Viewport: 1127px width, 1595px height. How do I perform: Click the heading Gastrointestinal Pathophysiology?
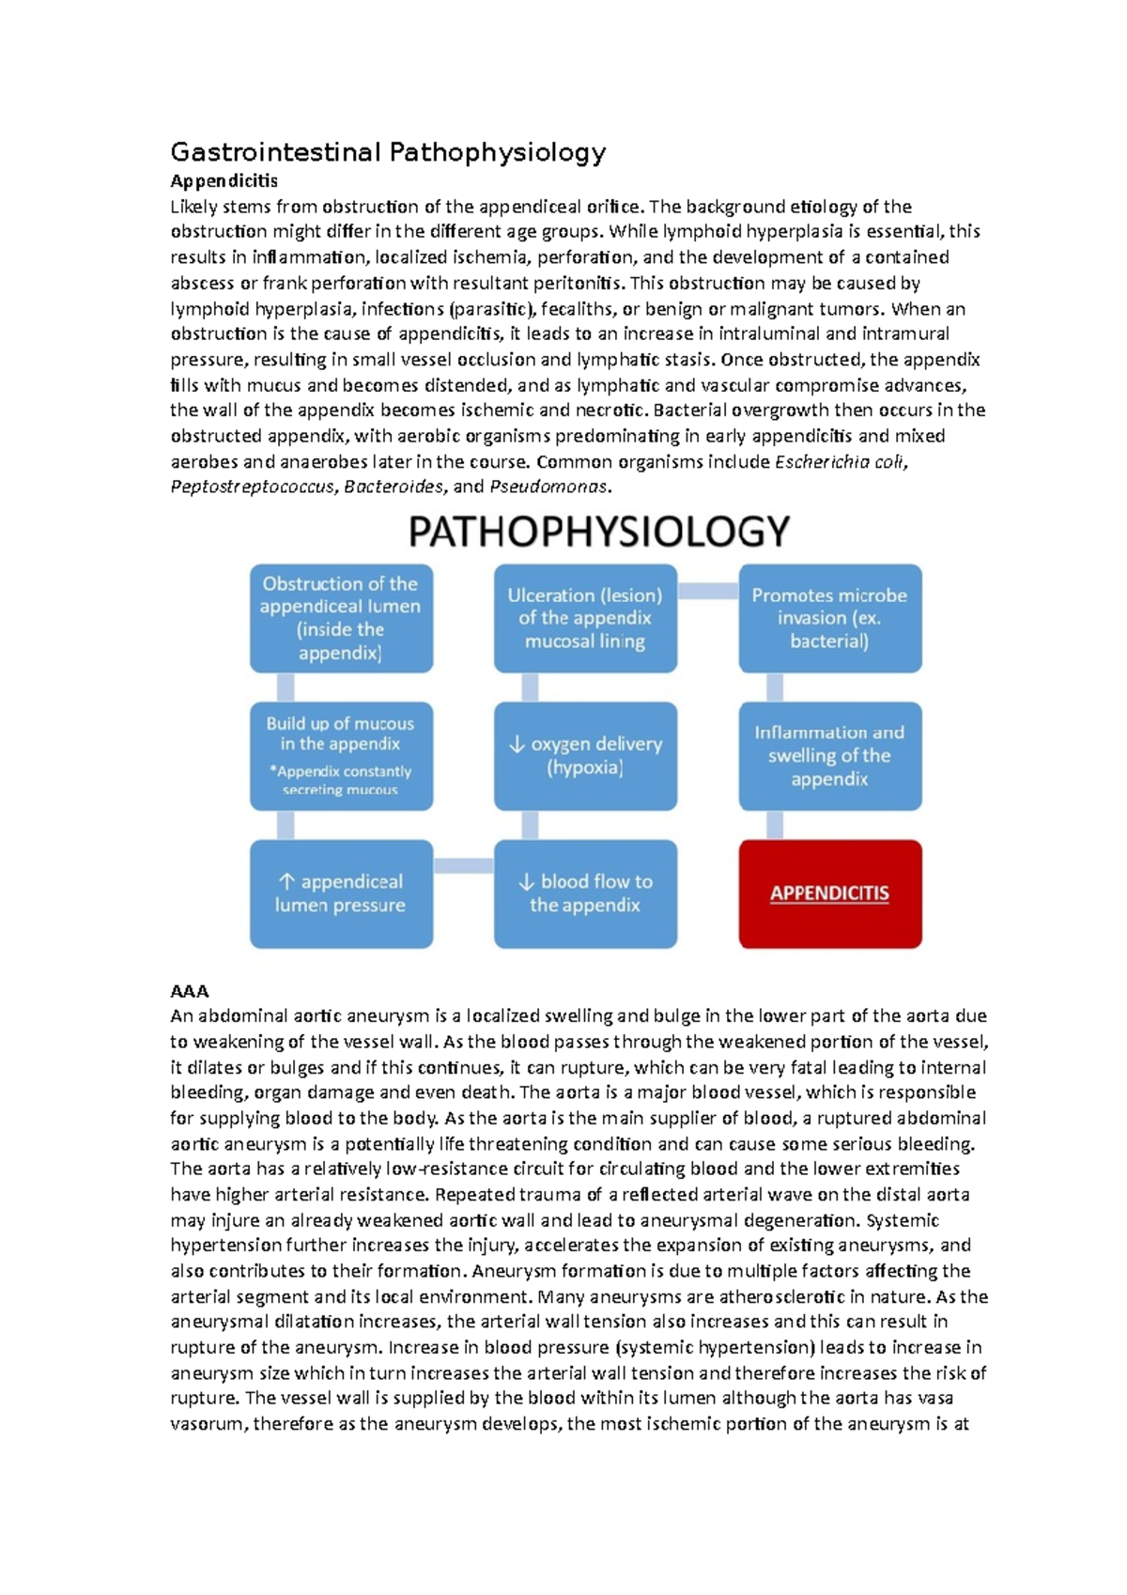[387, 152]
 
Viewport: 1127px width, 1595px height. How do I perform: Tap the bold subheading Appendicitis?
[224, 180]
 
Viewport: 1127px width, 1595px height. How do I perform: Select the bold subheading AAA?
[189, 991]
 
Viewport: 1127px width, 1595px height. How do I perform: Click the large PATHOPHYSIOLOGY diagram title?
[598, 532]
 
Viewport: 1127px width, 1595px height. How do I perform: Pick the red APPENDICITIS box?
[829, 893]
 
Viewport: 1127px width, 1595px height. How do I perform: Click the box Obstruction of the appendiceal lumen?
[341, 618]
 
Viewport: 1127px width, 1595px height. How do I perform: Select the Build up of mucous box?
[341, 755]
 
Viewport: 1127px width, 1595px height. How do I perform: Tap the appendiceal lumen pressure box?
[341, 893]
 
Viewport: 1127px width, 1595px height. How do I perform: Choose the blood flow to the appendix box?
[585, 893]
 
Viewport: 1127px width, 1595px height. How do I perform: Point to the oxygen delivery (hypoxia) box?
[585, 755]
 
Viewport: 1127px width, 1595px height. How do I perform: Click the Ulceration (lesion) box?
[585, 618]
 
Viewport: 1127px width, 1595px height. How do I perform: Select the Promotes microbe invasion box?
[829, 618]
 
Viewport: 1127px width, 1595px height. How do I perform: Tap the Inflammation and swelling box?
[829, 755]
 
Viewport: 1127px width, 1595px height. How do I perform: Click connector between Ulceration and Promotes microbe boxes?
[707, 591]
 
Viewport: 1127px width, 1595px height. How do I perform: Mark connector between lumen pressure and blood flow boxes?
[463, 865]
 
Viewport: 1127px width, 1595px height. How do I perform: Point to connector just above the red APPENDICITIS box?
[775, 825]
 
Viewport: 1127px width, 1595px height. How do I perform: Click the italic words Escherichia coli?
[840, 461]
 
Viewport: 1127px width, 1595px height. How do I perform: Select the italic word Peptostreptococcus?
[252, 487]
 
